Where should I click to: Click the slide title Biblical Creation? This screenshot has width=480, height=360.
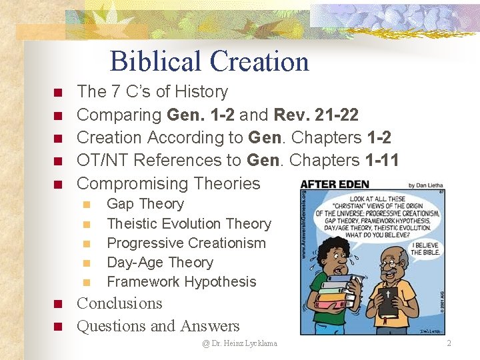click(x=209, y=61)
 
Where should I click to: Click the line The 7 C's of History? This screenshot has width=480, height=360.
click(x=153, y=91)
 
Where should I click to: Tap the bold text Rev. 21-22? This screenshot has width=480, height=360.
click(x=315, y=115)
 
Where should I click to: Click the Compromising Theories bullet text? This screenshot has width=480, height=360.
click(x=169, y=183)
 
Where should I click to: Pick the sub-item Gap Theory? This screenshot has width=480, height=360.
click(x=145, y=204)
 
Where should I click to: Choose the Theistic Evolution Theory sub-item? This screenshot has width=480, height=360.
click(x=189, y=223)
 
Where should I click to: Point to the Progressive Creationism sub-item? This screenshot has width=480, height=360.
click(x=186, y=243)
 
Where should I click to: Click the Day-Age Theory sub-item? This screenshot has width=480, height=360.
click(x=160, y=262)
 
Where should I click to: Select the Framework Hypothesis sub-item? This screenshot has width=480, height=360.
click(x=181, y=281)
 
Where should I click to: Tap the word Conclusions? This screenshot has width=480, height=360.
click(x=120, y=303)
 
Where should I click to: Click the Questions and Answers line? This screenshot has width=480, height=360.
click(x=159, y=326)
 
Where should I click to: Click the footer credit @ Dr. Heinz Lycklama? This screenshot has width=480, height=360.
click(x=240, y=343)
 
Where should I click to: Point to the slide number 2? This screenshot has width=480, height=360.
click(x=449, y=343)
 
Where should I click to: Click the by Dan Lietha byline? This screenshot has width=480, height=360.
click(x=420, y=185)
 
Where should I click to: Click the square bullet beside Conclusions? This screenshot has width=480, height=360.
click(x=58, y=305)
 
